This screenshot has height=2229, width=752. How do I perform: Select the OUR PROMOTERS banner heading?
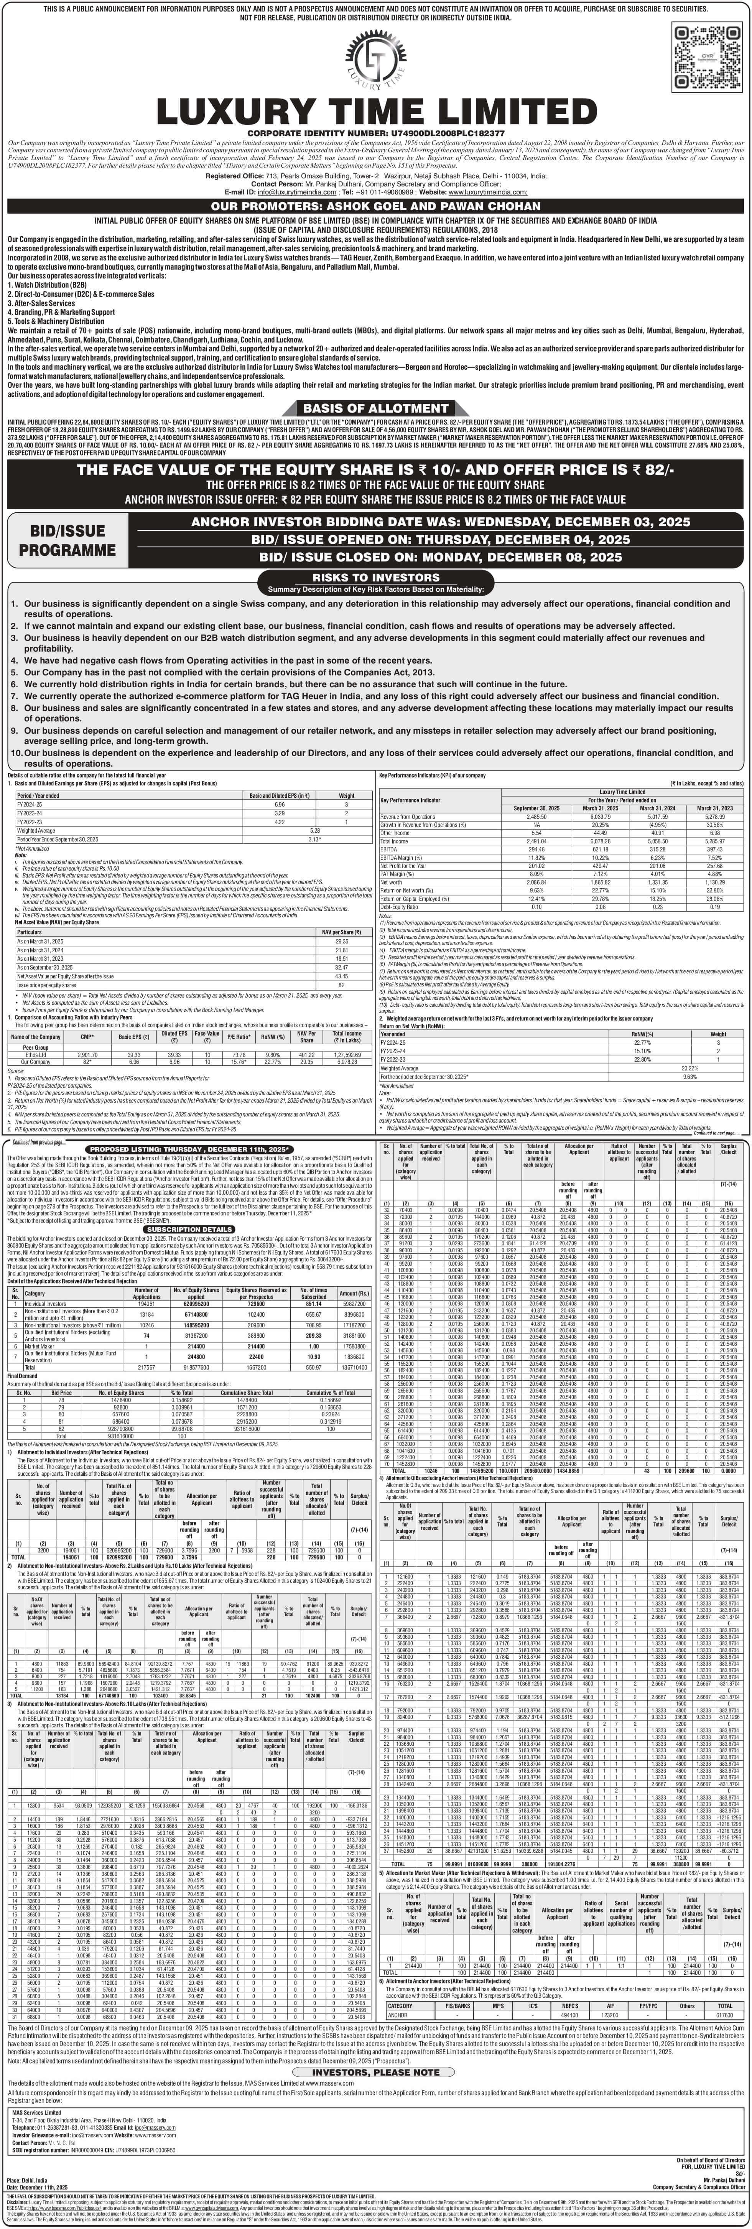[375, 206]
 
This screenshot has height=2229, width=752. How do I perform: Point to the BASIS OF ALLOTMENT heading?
[375, 408]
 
